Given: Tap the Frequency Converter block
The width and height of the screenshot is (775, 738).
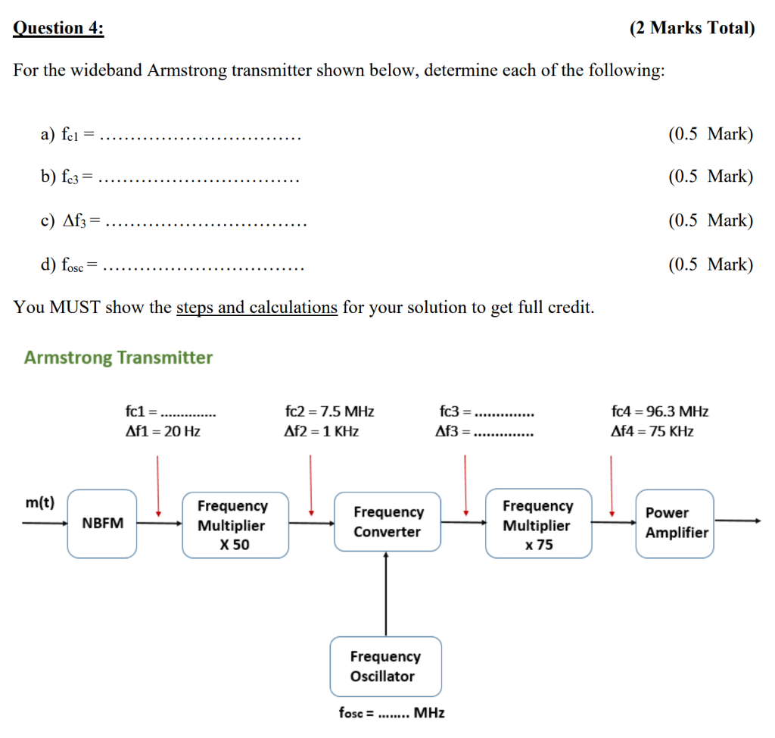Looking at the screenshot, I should point(387,522).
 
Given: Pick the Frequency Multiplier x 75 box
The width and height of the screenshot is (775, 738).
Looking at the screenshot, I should point(538,524).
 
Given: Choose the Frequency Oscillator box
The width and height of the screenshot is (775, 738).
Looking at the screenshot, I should point(385,666).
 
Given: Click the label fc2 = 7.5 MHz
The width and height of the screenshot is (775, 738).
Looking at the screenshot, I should point(329,412).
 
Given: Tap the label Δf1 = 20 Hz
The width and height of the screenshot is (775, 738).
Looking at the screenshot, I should point(163,432).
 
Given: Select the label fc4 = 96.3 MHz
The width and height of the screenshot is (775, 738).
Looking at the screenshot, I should point(659,412).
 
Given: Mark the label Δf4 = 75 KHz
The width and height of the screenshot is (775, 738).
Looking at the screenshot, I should point(652,432).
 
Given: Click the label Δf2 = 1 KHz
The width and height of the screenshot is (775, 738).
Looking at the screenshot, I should point(321,432).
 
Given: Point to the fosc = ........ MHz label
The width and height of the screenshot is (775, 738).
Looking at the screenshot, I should point(391,713).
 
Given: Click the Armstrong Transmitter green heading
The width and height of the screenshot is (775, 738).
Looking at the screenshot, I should point(118,358).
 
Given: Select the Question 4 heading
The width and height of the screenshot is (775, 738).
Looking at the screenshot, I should point(59,29).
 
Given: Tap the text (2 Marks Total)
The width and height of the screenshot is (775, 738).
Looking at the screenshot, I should point(692,29).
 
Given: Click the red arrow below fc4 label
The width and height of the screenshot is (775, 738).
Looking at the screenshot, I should point(611,485).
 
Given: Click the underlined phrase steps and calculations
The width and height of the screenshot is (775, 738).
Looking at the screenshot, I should point(257,308).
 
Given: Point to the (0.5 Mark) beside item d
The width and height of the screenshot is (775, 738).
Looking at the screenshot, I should point(711,264).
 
